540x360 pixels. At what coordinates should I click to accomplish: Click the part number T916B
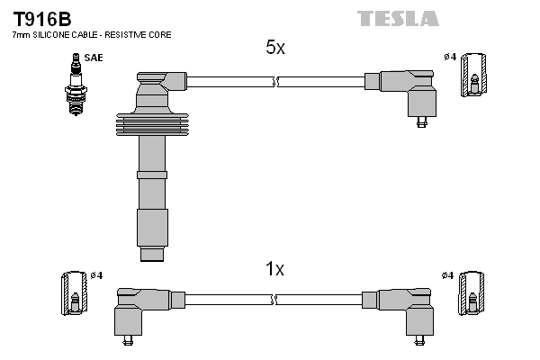pos(40,18)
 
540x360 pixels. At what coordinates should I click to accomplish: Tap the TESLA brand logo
pos(398,18)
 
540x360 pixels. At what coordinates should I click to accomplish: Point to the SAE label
pos(93,58)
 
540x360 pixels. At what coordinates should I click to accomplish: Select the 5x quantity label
pos(275,49)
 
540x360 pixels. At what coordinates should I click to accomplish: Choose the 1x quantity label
pos(275,268)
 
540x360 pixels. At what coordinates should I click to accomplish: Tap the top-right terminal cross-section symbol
pos(475,75)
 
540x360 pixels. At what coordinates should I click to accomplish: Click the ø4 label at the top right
pos(449,58)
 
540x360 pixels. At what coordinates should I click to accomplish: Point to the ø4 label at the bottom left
pos(96,274)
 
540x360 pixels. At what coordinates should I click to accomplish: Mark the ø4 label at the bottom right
pos(446,274)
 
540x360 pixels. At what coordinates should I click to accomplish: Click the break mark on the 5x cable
pos(275,82)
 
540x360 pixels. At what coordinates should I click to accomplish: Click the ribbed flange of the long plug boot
pos(153,122)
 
